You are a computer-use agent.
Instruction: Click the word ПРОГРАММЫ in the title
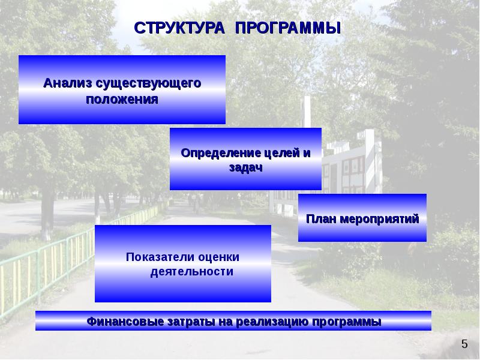(x=287, y=28)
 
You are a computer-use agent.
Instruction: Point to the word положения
(x=122, y=99)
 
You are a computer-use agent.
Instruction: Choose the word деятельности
(x=191, y=272)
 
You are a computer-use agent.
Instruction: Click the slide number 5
(x=464, y=344)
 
